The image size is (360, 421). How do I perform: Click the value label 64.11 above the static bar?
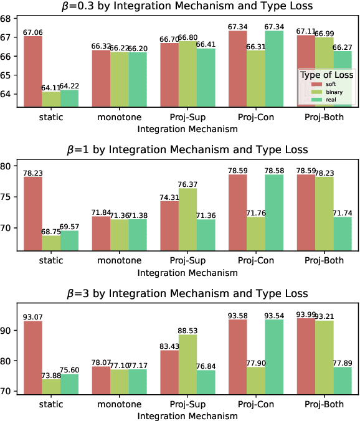(51, 88)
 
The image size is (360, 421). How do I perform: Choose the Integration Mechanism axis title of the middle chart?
(187, 273)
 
